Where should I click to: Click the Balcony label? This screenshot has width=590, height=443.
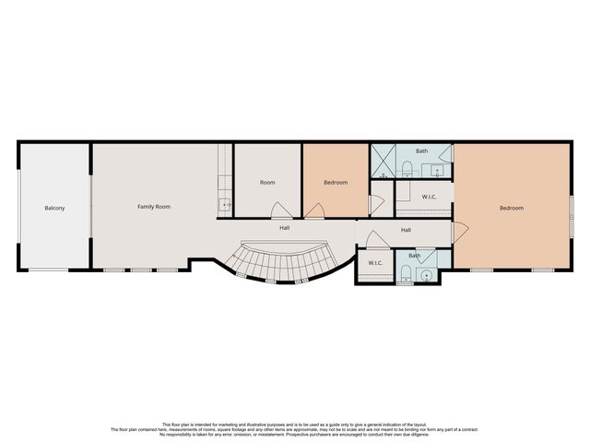(x=54, y=208)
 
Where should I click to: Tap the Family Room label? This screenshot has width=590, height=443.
(x=154, y=207)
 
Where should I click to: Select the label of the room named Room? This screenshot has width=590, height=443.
(x=267, y=183)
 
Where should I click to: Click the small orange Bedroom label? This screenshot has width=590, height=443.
(x=336, y=183)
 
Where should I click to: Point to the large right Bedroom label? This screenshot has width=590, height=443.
(x=512, y=208)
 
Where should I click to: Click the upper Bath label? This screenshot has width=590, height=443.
(x=421, y=150)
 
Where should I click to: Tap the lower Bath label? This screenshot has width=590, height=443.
(x=414, y=256)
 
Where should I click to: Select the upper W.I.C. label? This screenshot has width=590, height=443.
(x=429, y=197)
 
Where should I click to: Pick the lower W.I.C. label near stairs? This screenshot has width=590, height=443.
(x=375, y=263)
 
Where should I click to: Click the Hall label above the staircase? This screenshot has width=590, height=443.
(x=286, y=227)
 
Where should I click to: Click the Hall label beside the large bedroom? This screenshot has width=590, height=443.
(x=406, y=229)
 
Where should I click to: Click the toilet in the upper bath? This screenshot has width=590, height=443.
(x=407, y=168)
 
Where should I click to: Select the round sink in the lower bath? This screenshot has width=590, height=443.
(x=426, y=274)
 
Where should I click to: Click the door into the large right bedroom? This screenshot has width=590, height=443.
(x=458, y=232)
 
